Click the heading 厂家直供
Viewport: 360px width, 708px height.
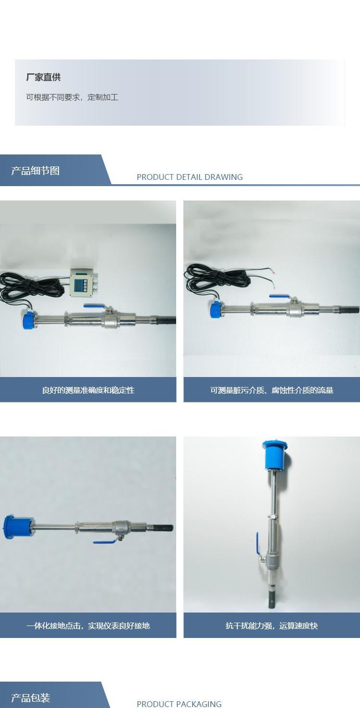click(x=43, y=77)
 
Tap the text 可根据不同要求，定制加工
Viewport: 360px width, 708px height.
click(x=72, y=97)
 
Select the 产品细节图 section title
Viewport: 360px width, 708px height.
click(x=36, y=171)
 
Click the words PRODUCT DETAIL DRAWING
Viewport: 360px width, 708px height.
click(x=190, y=177)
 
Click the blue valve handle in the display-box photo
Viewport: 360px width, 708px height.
click(x=94, y=306)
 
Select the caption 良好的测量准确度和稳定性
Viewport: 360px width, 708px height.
click(x=88, y=390)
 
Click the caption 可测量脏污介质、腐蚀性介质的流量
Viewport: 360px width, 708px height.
click(x=272, y=390)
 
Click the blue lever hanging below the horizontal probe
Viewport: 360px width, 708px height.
click(x=105, y=542)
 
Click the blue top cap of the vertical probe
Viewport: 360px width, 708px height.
click(x=275, y=455)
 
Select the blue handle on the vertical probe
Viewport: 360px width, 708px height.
click(x=258, y=543)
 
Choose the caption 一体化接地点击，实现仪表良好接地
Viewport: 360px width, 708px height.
click(x=88, y=625)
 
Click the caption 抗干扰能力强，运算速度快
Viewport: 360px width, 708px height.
click(x=272, y=625)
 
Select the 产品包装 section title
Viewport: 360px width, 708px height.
click(x=31, y=698)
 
